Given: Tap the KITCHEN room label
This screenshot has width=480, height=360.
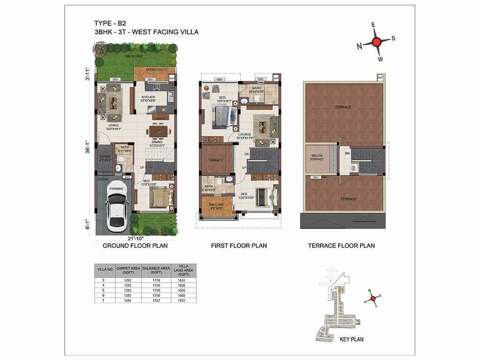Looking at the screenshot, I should [x=148, y=97].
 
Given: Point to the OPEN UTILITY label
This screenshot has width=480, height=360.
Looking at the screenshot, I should [x=156, y=70].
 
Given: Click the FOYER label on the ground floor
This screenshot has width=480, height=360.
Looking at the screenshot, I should [x=104, y=157].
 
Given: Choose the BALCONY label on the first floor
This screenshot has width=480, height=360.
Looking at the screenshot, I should [x=217, y=205].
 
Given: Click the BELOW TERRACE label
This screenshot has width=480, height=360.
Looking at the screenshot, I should [x=316, y=157].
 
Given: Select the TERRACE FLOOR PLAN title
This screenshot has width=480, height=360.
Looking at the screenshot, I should [x=341, y=246].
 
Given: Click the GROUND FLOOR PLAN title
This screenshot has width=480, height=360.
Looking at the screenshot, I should [x=135, y=246].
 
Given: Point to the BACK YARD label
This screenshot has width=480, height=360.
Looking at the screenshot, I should [x=134, y=56].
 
